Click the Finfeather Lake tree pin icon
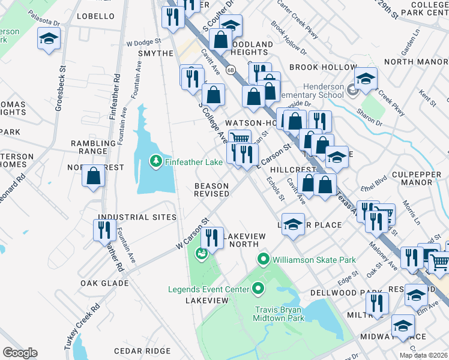pyautogui.click(x=155, y=161)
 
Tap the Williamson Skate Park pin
pyautogui.click(x=262, y=260)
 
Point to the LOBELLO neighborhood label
pyautogui.click(x=95, y=16)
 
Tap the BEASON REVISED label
pyautogui.click(x=211, y=190)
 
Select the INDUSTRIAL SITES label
pyautogui.click(x=137, y=217)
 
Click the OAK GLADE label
pyautogui.click(x=104, y=282)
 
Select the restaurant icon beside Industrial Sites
pyautogui.click(x=104, y=230)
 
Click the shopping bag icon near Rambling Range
pyautogui.click(x=93, y=177)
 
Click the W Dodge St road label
pyautogui.click(x=144, y=43)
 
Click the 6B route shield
pyautogui.click(x=231, y=70)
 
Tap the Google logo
pyautogui.click(x=20, y=353)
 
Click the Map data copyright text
pyautogui.click(x=423, y=355)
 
